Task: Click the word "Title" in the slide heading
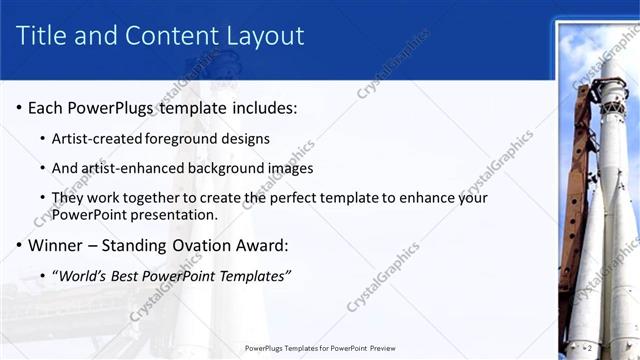(43, 36)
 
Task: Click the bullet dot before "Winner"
(20, 245)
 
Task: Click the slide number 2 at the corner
(589, 347)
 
